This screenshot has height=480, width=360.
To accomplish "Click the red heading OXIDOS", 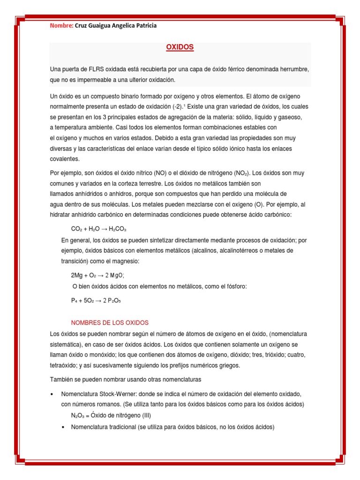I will [x=180, y=47].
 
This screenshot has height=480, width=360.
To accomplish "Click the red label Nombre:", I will [x=61, y=26].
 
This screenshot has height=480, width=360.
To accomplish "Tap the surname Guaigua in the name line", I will [x=104, y=26].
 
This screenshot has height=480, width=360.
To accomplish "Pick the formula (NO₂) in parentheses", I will [x=240, y=173].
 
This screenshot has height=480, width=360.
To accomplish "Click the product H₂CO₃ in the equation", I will [x=118, y=229].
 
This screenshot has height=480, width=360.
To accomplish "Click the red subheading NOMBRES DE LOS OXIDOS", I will [x=109, y=323].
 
